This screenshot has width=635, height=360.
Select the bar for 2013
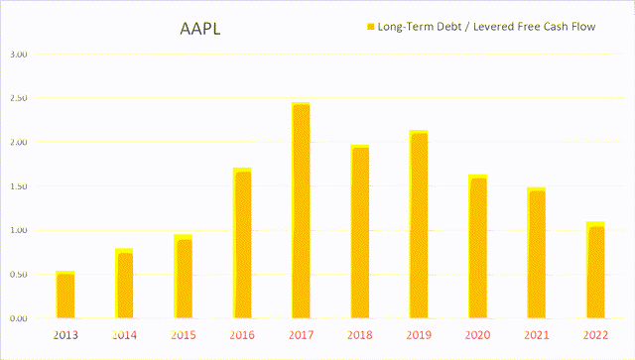point(64,295)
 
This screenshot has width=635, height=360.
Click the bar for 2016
point(242,243)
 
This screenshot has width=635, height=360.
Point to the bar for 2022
point(595,270)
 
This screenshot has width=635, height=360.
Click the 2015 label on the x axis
point(183,336)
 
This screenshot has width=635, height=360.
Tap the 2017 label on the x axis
point(301,336)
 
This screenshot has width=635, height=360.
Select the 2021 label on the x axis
point(537,336)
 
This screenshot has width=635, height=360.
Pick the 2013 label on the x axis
point(64,336)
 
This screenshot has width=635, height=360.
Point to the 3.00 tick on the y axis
point(18,55)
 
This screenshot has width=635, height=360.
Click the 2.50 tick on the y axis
point(18,98)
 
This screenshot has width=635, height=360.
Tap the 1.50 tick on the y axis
point(18,186)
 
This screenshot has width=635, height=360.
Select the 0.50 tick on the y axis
point(18,275)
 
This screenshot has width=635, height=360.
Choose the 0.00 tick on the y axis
point(18,318)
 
